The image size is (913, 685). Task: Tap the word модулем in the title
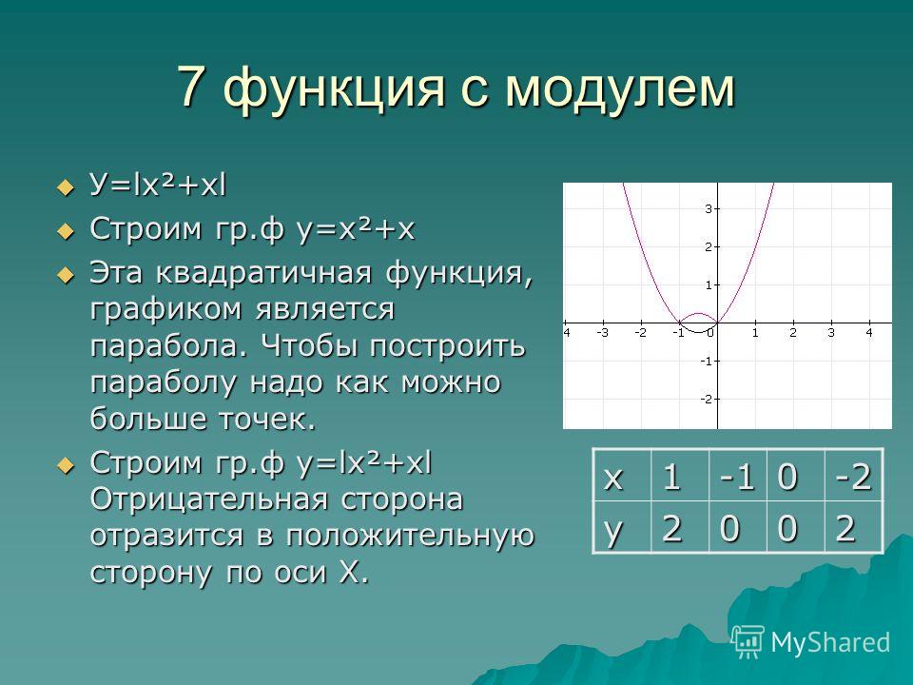[x=621, y=90]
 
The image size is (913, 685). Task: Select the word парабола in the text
[x=164, y=346]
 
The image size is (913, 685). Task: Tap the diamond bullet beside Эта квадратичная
[x=66, y=274]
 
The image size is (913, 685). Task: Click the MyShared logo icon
[x=748, y=642]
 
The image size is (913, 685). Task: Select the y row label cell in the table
[x=622, y=527]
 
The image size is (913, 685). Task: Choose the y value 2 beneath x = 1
[x=679, y=527]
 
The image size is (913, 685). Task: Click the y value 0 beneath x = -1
[x=738, y=527]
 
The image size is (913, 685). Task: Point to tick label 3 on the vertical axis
[x=708, y=208]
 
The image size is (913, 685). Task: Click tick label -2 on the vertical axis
[x=706, y=399]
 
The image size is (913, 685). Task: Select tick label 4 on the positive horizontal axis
[x=868, y=333]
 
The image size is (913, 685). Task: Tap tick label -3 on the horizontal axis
[x=602, y=333]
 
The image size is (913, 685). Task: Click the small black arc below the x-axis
[x=697, y=329]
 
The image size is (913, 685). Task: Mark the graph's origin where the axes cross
[x=717, y=323]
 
